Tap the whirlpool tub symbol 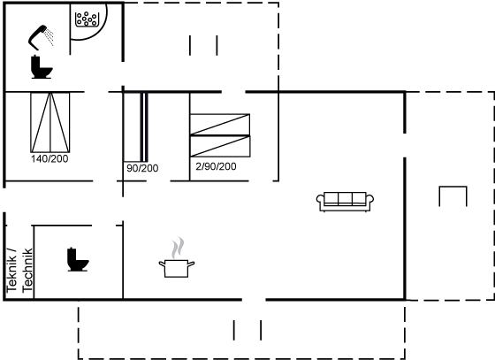tap(88, 19)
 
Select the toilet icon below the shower tap(42, 67)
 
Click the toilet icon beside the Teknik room tap(78, 259)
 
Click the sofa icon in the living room tap(345, 201)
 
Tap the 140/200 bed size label tap(49, 158)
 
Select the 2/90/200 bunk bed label tap(216, 166)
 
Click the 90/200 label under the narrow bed tap(142, 168)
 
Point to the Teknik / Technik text tap(19, 271)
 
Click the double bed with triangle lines tap(50, 123)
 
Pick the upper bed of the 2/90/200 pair tap(220, 125)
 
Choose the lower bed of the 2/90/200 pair tap(220, 146)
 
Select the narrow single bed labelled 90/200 tap(136, 127)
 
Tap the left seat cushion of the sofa tap(331, 199)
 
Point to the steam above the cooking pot tap(178, 248)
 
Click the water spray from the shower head tap(49, 37)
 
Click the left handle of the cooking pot tap(162, 264)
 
